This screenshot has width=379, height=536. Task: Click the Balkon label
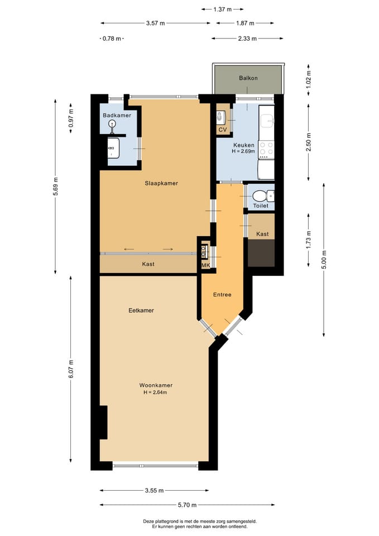[248, 78]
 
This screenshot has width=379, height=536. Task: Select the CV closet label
[223, 130]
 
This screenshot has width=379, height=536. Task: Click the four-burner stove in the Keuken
[266, 150]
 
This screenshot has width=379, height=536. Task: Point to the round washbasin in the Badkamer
[112, 124]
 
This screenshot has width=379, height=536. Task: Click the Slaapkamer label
[161, 183]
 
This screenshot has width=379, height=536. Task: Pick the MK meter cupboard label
[206, 265]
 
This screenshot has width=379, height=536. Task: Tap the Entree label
[222, 295]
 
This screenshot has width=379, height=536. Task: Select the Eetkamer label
[141, 310]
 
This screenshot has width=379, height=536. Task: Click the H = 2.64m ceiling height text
[156, 393]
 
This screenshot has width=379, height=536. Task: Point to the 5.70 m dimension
[188, 505]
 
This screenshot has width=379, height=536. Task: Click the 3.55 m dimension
[154, 491]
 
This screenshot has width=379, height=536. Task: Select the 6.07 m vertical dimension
[71, 369]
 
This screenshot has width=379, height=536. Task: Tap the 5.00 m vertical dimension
[324, 260]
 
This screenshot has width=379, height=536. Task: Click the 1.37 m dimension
[223, 9]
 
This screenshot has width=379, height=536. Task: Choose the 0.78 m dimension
[112, 39]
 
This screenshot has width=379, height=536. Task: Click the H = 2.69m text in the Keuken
[243, 151]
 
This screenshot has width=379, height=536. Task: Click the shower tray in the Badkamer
[113, 148]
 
